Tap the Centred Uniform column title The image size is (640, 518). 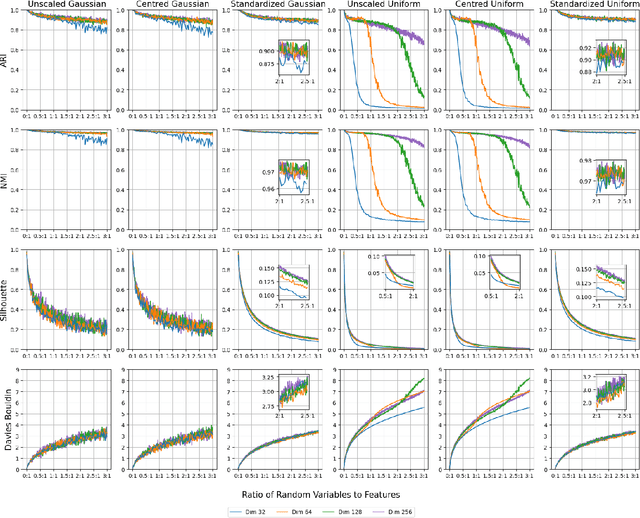click(479, 5)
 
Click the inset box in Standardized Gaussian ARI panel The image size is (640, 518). click(296, 56)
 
